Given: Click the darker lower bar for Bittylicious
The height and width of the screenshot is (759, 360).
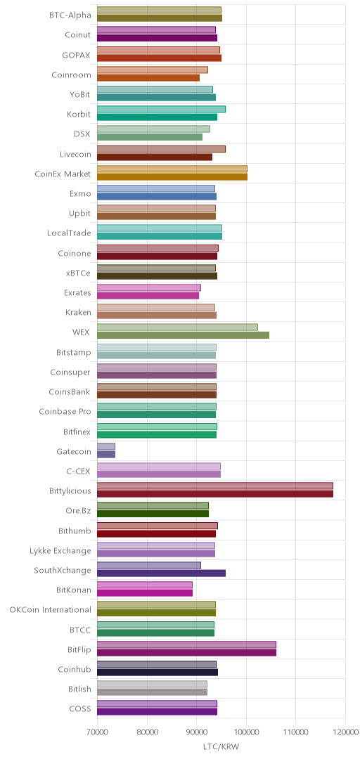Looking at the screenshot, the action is point(215,494).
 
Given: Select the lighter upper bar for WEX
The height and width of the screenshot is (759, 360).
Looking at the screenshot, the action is point(177,327).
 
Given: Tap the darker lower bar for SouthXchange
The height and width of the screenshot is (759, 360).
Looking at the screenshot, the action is point(161,573).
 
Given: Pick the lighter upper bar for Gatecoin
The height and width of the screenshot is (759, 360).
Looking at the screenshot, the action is point(106,446).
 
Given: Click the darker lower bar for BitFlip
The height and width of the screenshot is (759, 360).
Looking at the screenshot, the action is point(186,653).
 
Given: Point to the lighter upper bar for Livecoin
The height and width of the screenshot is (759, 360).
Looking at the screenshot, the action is point(161,148).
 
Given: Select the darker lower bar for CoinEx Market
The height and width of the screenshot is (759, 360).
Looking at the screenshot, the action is point(172,176).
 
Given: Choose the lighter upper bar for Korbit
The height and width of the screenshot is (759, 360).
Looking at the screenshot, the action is point(161,109).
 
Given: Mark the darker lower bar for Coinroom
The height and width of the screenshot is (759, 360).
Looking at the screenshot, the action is point(148,77).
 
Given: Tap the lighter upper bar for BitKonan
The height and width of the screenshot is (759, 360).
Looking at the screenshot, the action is point(145,585).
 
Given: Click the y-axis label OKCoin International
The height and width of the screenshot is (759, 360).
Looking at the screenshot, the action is point(51,609).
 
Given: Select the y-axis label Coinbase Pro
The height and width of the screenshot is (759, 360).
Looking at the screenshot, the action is point(65,411).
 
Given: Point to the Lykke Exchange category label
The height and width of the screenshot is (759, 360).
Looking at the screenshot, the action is point(60,550).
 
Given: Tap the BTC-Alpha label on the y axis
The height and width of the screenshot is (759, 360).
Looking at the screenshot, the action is point(70,15).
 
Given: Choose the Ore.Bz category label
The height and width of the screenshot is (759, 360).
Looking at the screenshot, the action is point(79,511).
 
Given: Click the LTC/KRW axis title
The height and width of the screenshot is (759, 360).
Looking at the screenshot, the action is point(221,746).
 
